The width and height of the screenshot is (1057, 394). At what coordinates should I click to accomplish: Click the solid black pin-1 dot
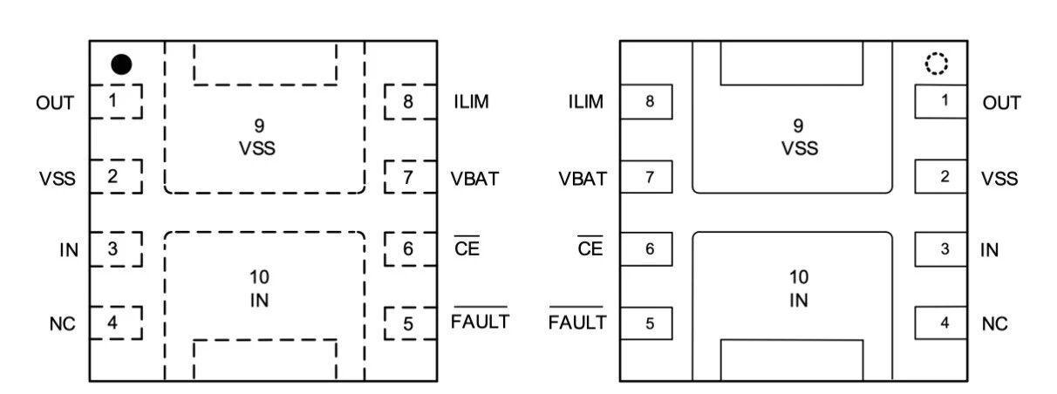click(122, 65)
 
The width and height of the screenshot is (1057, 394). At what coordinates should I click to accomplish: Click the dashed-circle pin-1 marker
click(937, 64)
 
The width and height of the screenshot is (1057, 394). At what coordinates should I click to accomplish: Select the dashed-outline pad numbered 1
click(114, 102)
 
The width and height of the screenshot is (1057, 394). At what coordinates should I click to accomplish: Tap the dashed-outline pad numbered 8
click(409, 102)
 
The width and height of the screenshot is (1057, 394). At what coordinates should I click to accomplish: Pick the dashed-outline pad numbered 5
click(409, 323)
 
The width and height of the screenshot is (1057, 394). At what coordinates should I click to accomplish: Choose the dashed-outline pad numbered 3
click(114, 249)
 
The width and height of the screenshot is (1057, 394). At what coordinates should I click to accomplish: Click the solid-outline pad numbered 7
click(648, 178)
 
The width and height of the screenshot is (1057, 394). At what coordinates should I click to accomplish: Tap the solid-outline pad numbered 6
click(648, 249)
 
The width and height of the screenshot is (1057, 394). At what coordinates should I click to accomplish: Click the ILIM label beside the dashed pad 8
click(471, 102)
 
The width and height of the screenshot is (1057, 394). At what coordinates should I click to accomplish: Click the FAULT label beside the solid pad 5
click(576, 323)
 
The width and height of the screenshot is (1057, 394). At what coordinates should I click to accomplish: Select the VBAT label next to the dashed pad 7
click(475, 179)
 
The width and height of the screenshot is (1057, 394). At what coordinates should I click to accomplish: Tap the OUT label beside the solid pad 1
click(1001, 103)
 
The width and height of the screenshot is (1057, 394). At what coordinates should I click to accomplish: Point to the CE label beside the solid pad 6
click(590, 249)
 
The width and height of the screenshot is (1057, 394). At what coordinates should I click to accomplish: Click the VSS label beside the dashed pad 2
click(57, 179)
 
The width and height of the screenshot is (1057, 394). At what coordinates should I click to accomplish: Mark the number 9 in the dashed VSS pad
click(259, 127)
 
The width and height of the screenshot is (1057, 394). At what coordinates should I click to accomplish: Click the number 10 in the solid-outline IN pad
click(798, 278)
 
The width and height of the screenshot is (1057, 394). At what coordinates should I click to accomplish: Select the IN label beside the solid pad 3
click(989, 250)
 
